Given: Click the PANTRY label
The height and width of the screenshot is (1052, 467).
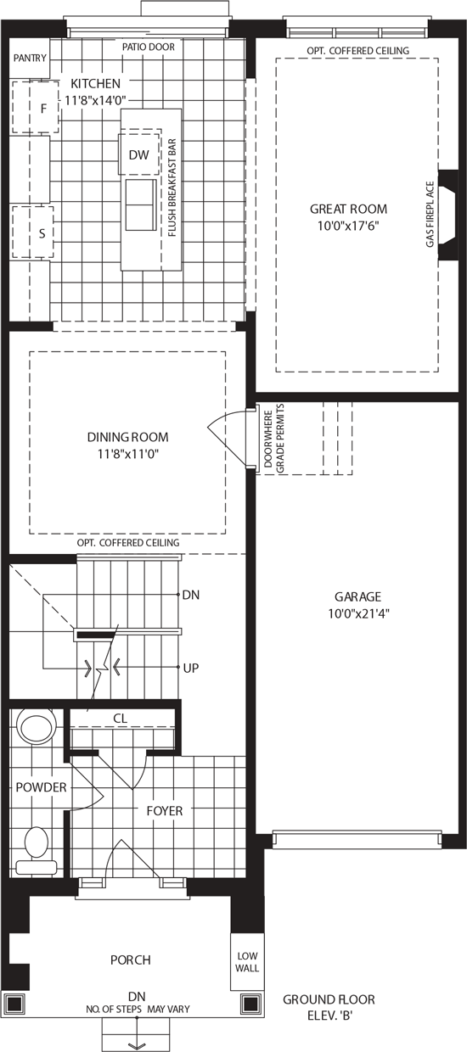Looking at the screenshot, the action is (30, 59).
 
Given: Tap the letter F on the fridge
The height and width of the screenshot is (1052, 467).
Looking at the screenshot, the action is (43, 109).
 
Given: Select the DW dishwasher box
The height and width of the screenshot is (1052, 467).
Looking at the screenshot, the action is (138, 154).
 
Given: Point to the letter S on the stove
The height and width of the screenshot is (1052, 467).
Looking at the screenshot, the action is (42, 233).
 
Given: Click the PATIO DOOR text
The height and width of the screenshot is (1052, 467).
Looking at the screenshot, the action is (149, 47).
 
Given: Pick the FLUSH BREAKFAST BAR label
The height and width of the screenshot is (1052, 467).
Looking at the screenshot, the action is (172, 187).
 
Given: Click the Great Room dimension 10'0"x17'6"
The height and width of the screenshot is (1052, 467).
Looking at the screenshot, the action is (348, 226).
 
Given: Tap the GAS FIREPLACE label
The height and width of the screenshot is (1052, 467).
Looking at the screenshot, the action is (430, 214).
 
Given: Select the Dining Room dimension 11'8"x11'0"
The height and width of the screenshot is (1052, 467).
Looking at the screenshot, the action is (128, 454).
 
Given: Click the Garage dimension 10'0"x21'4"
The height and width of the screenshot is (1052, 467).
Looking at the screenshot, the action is (358, 613).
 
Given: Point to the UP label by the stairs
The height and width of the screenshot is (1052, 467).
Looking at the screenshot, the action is (191, 668).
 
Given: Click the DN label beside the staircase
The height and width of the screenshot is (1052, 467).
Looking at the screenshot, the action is (191, 595).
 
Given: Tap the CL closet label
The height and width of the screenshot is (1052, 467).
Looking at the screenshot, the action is (121, 719).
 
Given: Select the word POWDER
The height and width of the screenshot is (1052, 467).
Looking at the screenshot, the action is (42, 787).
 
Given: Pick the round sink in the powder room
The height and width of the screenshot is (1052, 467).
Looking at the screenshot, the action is (37, 725).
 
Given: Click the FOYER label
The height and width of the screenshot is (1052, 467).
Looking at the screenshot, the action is (165, 810).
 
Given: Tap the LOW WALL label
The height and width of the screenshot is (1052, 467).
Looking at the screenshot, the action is (247, 962).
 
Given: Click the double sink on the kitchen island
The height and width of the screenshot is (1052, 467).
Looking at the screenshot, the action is (141, 204).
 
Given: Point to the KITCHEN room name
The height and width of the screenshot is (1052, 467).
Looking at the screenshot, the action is (95, 84).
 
